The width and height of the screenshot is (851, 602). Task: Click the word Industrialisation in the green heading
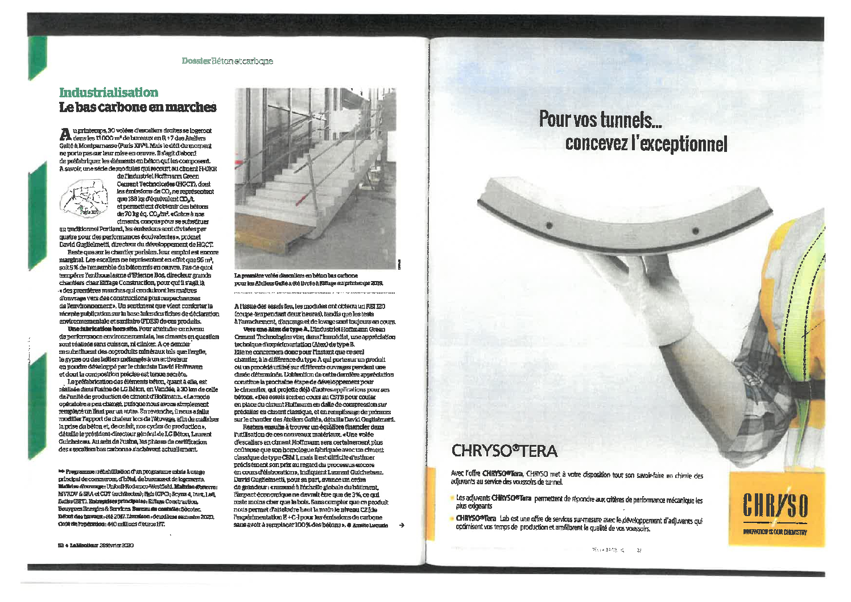click(109, 92)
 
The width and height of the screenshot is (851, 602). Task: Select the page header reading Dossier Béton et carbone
click(227, 61)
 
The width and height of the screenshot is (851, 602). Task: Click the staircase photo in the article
click(315, 178)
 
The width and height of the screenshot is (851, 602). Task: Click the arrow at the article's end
click(401, 525)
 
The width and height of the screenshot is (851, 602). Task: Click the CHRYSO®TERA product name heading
click(504, 451)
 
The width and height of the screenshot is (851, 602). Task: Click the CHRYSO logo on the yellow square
click(775, 505)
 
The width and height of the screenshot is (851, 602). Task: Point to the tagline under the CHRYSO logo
click(775, 533)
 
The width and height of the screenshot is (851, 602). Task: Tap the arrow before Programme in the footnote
click(61, 472)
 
